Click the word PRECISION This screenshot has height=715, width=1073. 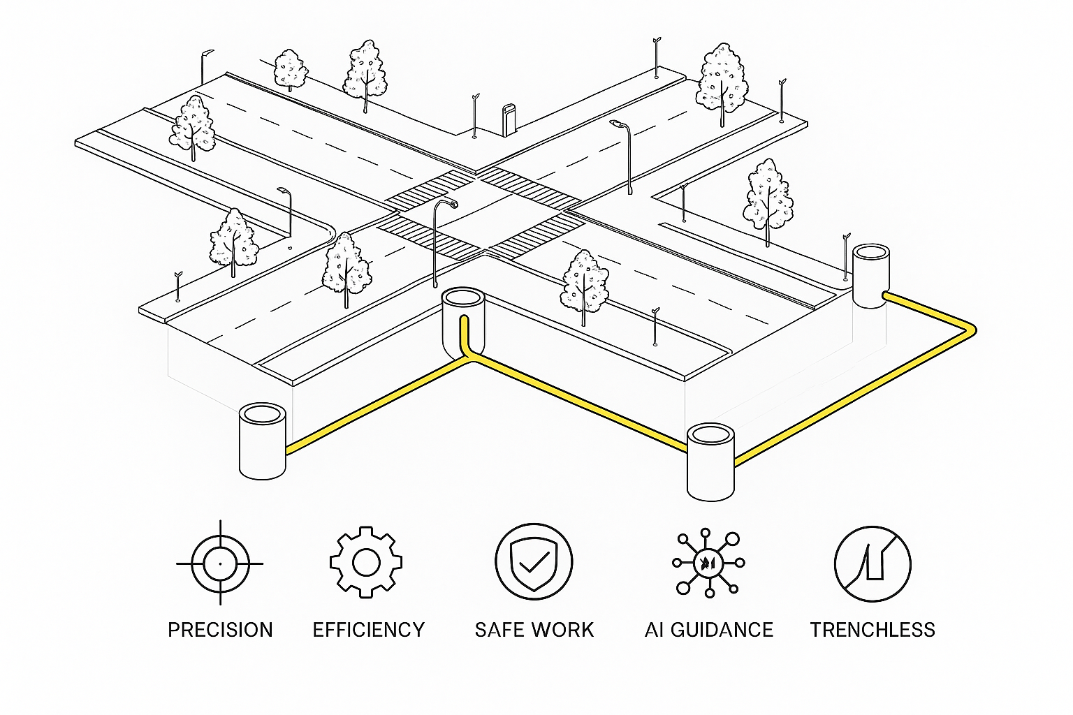point(220,630)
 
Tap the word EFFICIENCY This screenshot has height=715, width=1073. point(368,630)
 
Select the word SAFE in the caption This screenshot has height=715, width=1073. point(499,630)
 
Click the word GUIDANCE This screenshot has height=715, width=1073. point(722,630)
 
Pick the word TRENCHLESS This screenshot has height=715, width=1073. point(873,630)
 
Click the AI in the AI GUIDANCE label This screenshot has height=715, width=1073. point(654,630)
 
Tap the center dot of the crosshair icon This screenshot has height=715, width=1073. point(220,563)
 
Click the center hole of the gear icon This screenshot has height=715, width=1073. point(366,562)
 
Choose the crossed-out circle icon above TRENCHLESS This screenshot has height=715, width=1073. point(873,563)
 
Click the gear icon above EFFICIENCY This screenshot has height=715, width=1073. point(366,562)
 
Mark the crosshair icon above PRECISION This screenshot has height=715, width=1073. point(220,563)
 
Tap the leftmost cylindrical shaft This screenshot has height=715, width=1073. point(262,441)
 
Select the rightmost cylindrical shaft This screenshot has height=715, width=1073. point(871,277)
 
